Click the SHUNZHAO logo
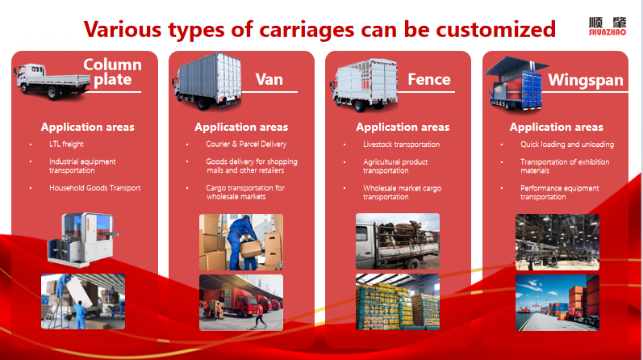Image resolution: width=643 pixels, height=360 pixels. point(608,27)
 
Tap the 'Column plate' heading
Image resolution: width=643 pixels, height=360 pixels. point(112,72)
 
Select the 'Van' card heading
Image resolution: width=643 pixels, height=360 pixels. point(269,79)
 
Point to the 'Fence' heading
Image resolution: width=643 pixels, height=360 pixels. point(429,79)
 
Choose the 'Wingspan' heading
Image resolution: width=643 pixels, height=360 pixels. point(586,80)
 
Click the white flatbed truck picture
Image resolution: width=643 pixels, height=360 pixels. point(52,82)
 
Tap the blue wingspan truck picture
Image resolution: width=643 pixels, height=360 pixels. point(516,84)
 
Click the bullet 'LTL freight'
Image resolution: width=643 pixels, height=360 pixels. point(66,144)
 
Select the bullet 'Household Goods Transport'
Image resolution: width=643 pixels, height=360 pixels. point(94,187)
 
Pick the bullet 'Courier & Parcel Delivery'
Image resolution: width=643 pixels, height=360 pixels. point(246,144)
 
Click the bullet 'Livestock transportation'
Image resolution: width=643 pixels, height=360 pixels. point(401,144)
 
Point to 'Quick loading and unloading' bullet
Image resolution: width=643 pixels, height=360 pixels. point(567,144)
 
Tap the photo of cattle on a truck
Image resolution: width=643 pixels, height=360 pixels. point(398,241)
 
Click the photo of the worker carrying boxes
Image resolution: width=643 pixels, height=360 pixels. point(241,242)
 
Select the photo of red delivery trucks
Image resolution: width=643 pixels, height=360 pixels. point(241,303)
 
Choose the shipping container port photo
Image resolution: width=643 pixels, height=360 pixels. point(557,303)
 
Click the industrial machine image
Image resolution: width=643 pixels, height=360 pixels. point(86,240)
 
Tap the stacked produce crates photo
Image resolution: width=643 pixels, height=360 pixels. point(398,302)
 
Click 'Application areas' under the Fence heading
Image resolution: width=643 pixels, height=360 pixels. point(403,128)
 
